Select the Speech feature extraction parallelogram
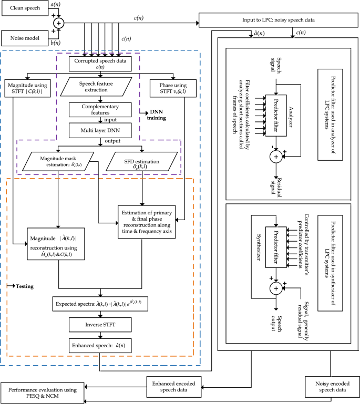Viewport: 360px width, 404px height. click(x=98, y=87)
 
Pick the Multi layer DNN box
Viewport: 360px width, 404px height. click(x=98, y=129)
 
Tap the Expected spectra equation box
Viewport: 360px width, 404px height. click(x=98, y=304)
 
